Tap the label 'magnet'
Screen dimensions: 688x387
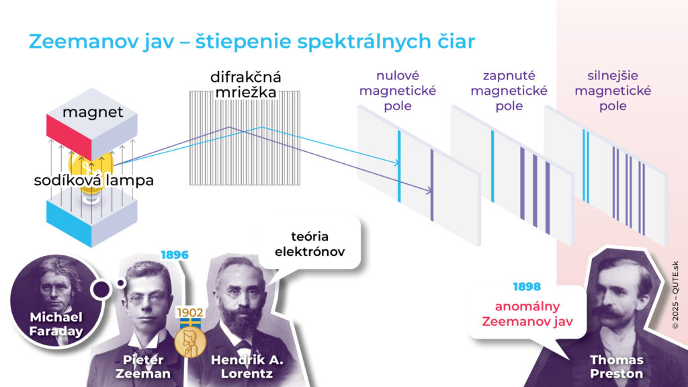pos(93,112)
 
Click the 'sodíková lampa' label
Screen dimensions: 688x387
pos(94,180)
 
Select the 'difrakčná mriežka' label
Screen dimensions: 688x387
pos(245,84)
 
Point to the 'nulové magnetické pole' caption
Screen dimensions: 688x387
pos(398,91)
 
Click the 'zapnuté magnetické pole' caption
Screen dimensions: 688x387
pos(509,91)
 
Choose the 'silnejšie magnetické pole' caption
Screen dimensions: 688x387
pos(613,91)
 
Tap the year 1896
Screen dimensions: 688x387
pos(175,255)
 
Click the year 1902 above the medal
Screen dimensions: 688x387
pos(190,312)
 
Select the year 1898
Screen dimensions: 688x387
pos(527,287)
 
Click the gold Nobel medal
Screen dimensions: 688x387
pos(190,342)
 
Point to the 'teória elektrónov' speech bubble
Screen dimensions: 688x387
pos(310,244)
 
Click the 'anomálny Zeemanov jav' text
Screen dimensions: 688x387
pos(527,314)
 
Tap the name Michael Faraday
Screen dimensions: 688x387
pos(56,324)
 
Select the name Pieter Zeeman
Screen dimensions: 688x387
pos(143,367)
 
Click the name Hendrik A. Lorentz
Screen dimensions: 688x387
pos(247,367)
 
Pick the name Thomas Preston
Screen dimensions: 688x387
pos(617,367)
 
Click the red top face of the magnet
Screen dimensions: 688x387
pos(69,138)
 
